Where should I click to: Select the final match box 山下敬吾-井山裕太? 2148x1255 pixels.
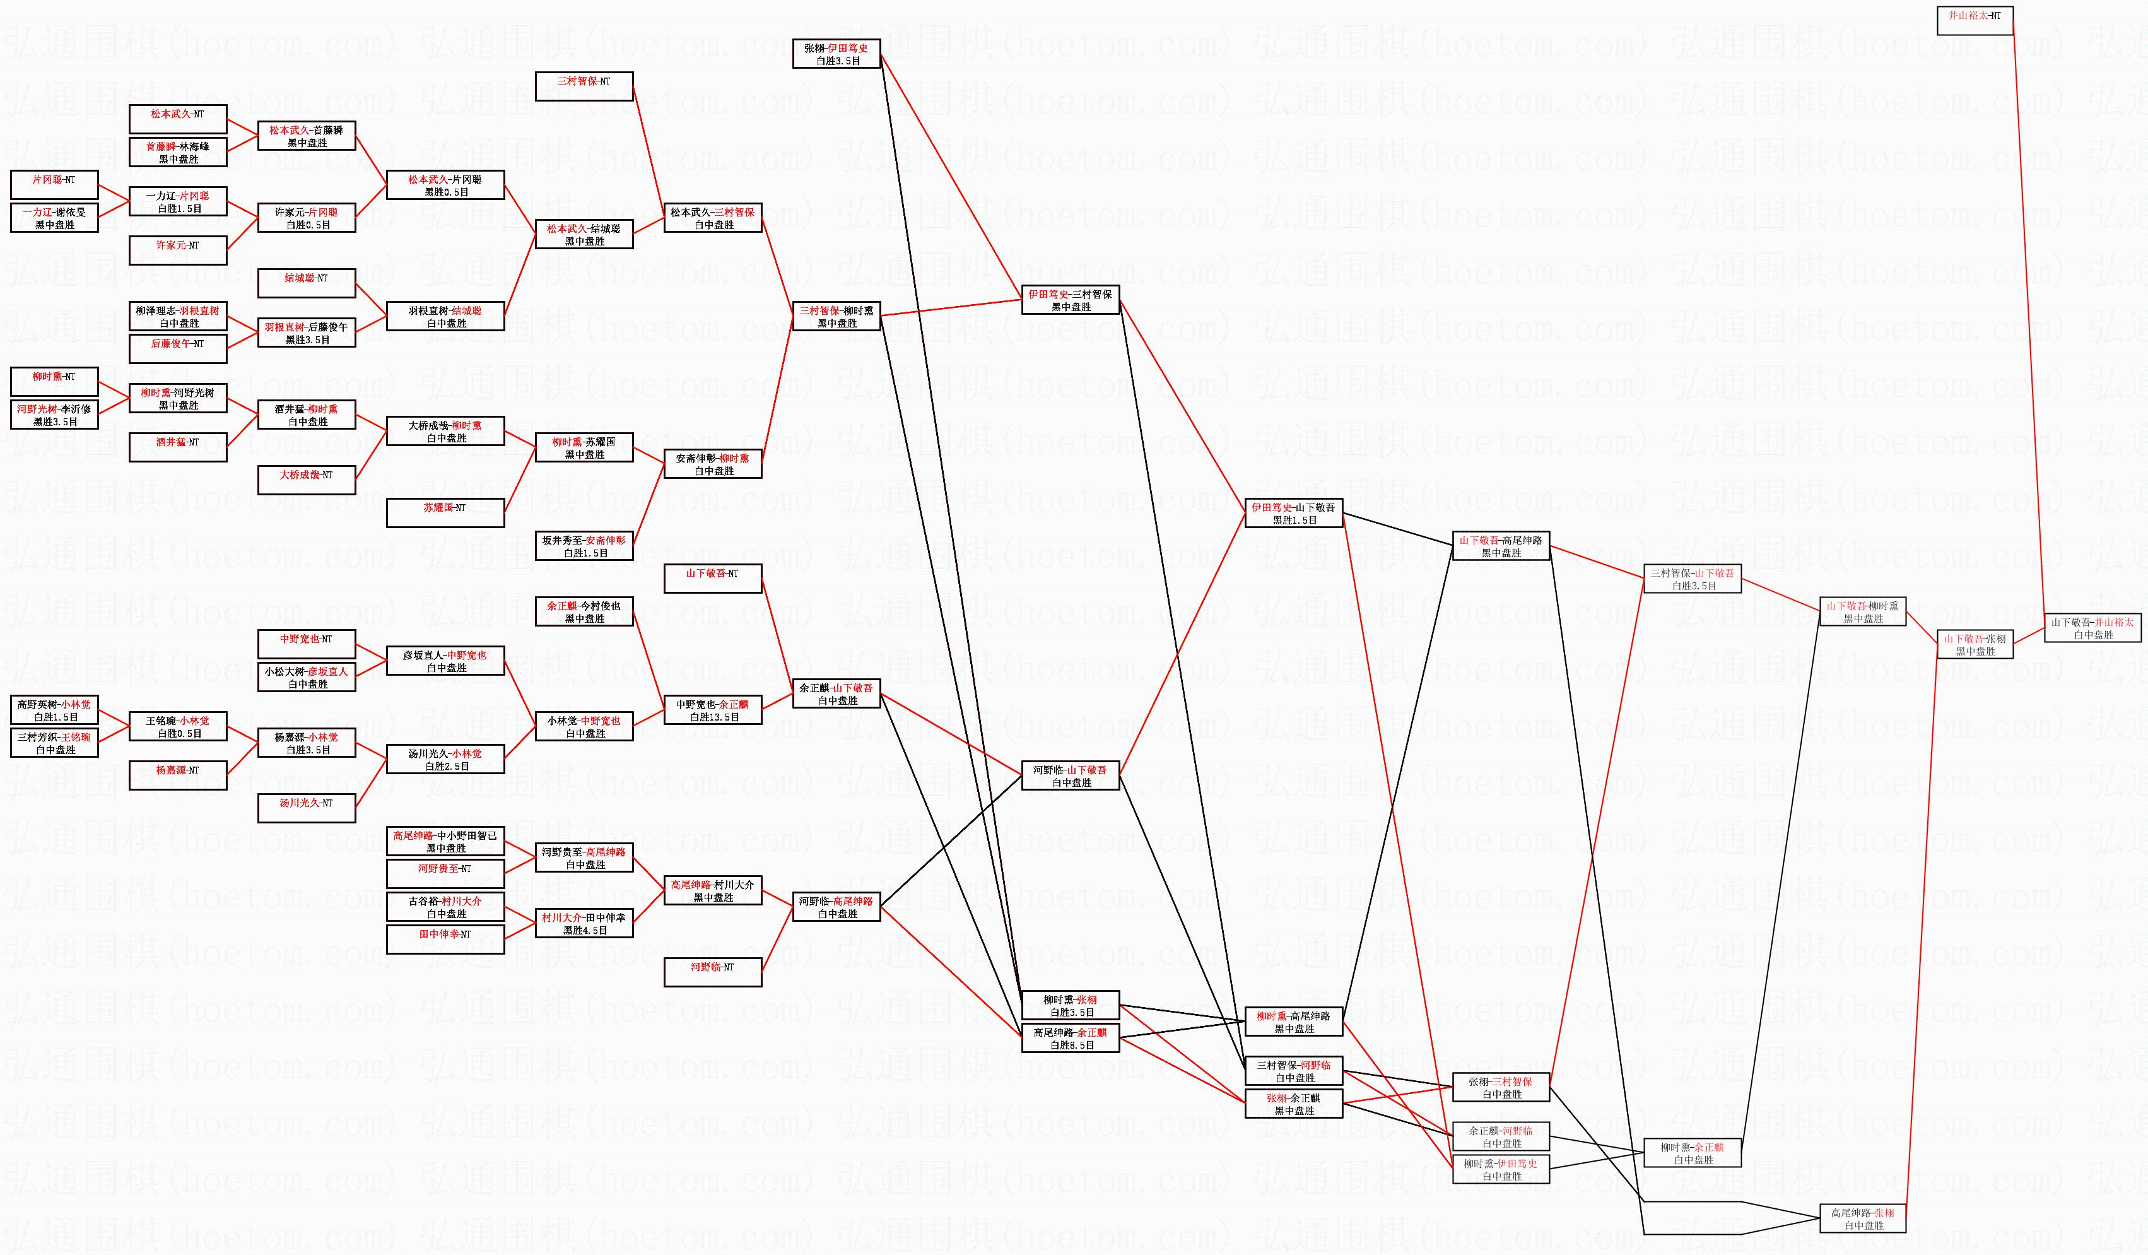pos(2092,628)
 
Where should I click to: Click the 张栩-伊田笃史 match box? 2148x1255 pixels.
pos(836,54)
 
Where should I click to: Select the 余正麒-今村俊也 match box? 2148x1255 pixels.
pos(584,612)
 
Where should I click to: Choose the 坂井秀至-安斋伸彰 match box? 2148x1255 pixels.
pos(584,546)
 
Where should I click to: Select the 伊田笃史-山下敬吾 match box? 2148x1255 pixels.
pos(1293,513)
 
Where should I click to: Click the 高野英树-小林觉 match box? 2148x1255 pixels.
pos(54,710)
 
